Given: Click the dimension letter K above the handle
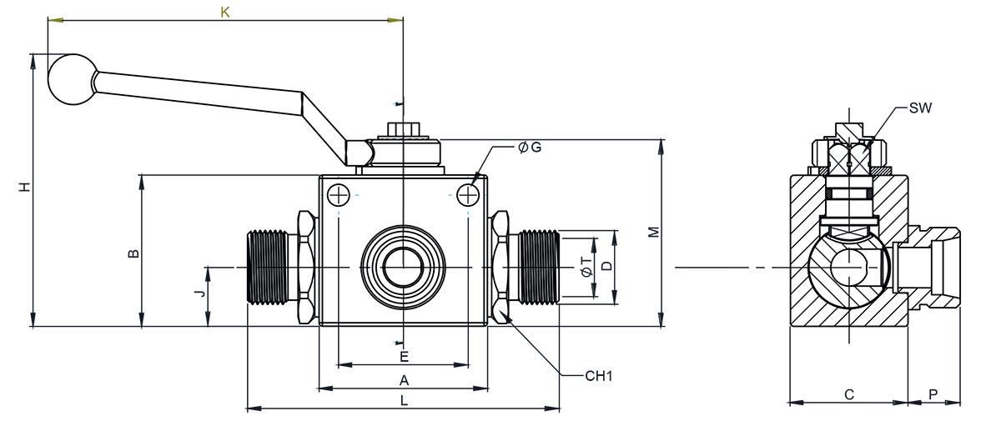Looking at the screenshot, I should (x=224, y=12).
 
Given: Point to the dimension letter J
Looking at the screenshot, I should (x=199, y=294).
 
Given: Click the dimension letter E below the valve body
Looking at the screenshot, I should (x=404, y=357).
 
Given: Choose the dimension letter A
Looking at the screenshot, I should (x=404, y=380).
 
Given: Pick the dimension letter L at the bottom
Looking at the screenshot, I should (x=404, y=401).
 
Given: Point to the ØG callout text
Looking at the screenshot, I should (x=530, y=148).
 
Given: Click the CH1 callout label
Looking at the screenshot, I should (x=599, y=376).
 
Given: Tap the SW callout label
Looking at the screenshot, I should (x=920, y=108).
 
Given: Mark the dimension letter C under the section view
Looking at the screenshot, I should (x=848, y=394).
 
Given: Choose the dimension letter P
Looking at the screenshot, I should (x=933, y=394).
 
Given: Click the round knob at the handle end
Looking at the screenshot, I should (x=71, y=79).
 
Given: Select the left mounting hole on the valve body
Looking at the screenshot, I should (x=339, y=195).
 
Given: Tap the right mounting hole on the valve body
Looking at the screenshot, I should (x=467, y=195).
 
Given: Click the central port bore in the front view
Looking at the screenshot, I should (x=404, y=267).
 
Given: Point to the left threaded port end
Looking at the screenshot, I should (x=267, y=267).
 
